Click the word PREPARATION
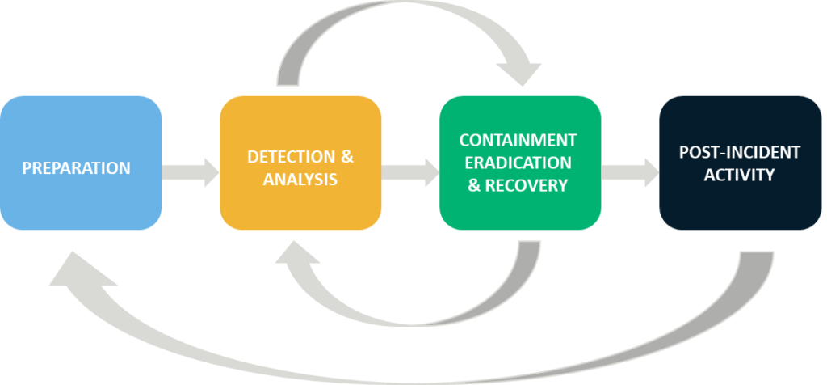(x=77, y=168)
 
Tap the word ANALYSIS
(x=300, y=180)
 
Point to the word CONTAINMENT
(x=518, y=140)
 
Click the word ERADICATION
(x=518, y=163)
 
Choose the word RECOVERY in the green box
(x=527, y=185)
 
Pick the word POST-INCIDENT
(x=740, y=152)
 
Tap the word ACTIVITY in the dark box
(x=740, y=175)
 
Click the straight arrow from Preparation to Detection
(x=190, y=172)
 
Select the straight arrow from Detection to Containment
(x=409, y=172)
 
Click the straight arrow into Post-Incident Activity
(x=630, y=172)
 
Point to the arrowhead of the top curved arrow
(x=519, y=73)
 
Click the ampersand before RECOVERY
(x=474, y=185)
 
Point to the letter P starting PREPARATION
(x=27, y=168)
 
